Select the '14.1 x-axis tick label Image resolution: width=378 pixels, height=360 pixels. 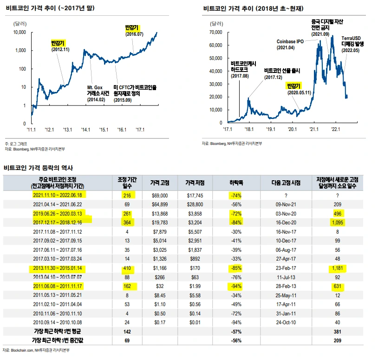point(86,130)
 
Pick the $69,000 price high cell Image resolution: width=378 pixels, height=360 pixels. point(160,196)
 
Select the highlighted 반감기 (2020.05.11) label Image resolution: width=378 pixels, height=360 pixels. point(296,89)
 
